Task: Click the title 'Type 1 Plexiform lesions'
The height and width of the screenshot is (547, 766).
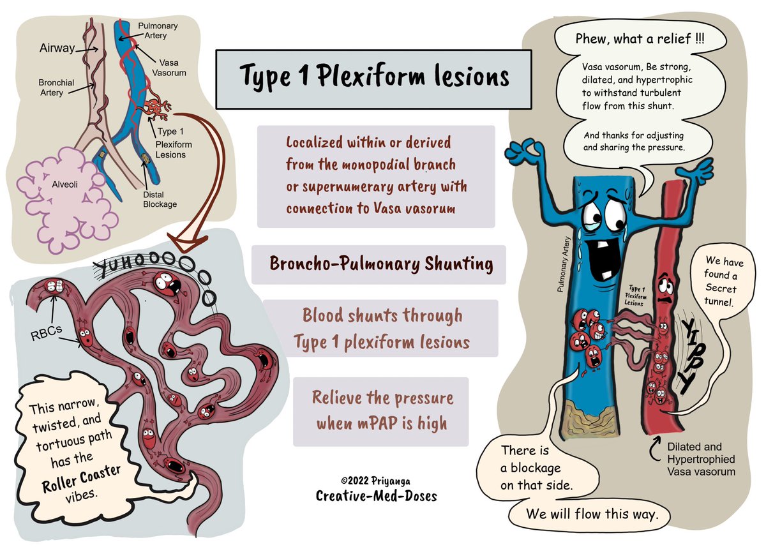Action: tap(374, 78)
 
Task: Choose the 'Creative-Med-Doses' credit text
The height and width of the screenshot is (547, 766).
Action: tap(376, 495)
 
